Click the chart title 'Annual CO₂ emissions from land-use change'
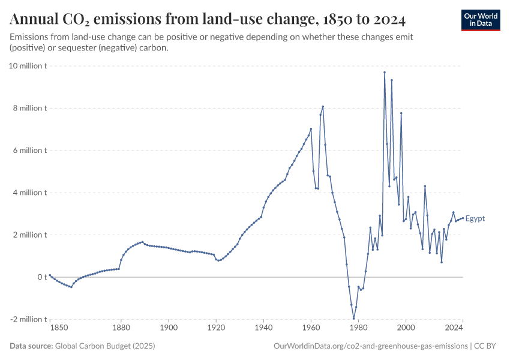(x=208, y=20)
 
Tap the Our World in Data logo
(x=480, y=20)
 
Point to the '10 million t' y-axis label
(x=28, y=66)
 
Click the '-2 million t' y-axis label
(x=28, y=319)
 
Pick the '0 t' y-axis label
(x=42, y=277)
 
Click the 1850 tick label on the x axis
(x=59, y=328)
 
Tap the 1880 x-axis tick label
(x=121, y=328)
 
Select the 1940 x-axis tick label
(x=263, y=328)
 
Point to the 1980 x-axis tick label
(x=358, y=328)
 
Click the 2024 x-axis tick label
(x=454, y=328)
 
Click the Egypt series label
(x=475, y=218)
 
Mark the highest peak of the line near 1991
(x=385, y=72)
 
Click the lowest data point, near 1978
(x=353, y=319)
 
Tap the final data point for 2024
(x=463, y=217)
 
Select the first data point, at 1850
(x=50, y=275)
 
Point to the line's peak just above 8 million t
(x=323, y=107)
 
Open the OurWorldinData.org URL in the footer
(x=370, y=346)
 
